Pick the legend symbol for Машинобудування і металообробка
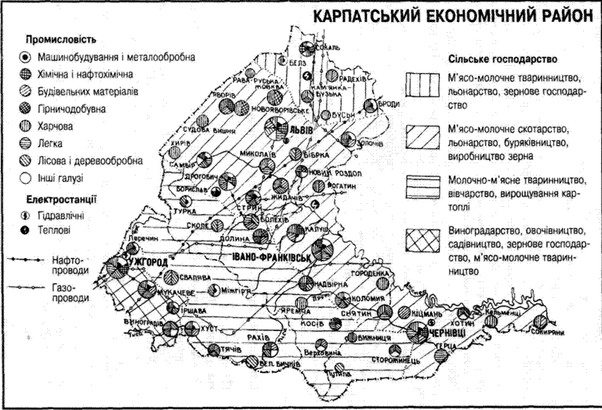26,57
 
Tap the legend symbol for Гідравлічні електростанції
26,214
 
